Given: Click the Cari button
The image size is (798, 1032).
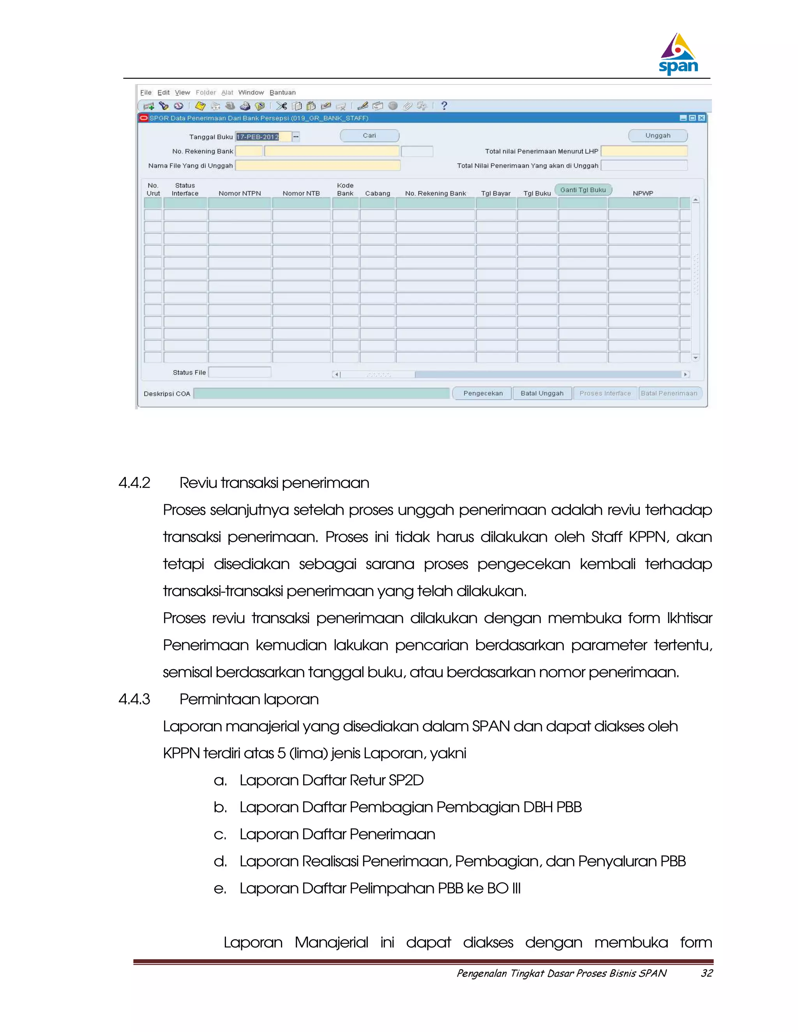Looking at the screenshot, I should point(369,136).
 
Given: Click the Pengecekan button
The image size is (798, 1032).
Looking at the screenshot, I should point(483,393).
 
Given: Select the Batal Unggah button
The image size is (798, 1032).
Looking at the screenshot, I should point(542,393).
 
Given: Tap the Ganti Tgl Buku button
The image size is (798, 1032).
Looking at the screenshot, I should point(583,190).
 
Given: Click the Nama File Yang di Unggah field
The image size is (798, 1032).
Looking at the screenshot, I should point(318,166).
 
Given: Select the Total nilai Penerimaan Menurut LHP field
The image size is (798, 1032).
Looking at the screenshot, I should point(644,151).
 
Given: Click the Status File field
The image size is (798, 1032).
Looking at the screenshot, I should point(240,372).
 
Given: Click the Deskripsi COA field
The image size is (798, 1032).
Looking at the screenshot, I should point(321,394).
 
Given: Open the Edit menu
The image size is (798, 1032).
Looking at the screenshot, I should point(163,93).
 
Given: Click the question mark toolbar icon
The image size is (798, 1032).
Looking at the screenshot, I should point(443,106).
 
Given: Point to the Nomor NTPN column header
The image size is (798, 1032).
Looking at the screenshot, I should point(240,193).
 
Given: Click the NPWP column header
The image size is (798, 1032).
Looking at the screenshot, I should point(643,193).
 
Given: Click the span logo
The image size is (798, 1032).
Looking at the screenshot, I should point(678,55).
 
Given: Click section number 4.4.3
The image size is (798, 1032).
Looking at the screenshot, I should point(134,699).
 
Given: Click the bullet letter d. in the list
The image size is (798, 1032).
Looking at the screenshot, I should point(220,861).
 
